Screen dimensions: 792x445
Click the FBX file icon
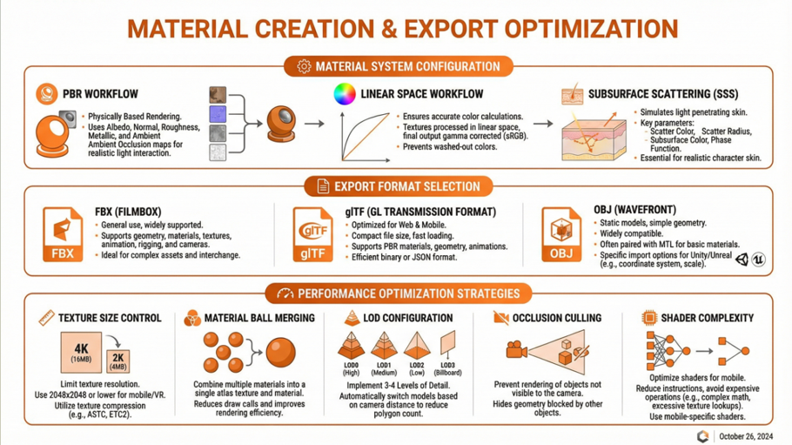point(63,234)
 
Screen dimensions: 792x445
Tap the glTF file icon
point(312,234)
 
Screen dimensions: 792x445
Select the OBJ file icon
point(561,234)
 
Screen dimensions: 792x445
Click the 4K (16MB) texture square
point(81,352)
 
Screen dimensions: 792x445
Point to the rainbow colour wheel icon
point(345,94)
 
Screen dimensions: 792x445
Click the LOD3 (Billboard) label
point(447,368)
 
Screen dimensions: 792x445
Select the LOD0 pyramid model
point(351,346)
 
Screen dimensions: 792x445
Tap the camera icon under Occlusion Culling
point(516,349)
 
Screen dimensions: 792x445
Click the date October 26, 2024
point(746,436)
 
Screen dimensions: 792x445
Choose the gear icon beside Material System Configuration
point(304,66)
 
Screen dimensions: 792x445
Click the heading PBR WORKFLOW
point(100,94)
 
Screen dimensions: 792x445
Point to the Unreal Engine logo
point(758,260)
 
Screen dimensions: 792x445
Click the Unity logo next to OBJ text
point(742,260)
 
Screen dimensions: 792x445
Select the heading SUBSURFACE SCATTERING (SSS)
point(663,94)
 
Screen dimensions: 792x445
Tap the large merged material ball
point(280,353)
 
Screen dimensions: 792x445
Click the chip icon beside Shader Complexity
point(649,318)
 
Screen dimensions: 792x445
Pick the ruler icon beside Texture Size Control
point(46,318)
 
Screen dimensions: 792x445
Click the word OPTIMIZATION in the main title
point(592,29)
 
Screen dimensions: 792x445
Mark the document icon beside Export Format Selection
point(323,186)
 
